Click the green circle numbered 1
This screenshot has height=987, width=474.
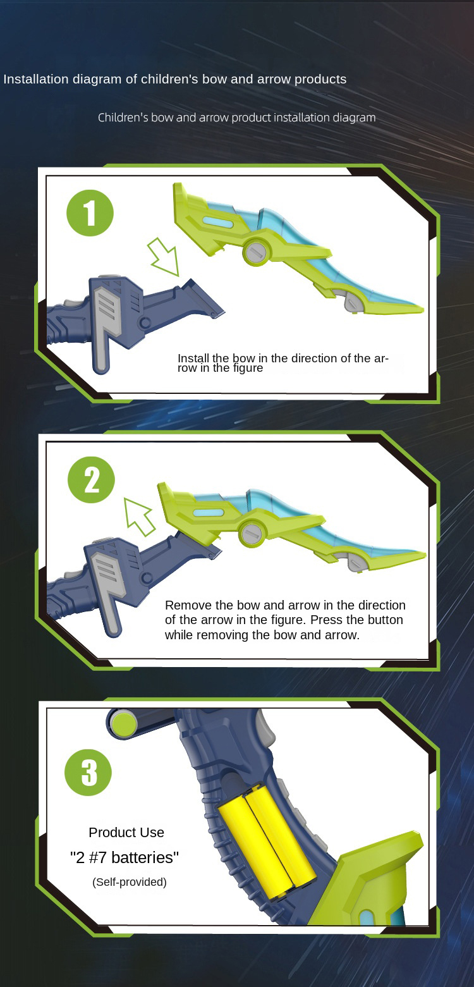(90, 213)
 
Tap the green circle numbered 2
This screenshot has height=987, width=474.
(91, 480)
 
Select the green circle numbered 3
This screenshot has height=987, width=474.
(88, 773)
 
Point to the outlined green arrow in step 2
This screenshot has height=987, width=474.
(139, 517)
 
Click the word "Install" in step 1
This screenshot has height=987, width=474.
(193, 359)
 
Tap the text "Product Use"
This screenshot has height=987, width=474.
(126, 832)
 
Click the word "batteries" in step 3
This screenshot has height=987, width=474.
(145, 857)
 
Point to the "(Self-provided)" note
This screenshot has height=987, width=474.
(130, 881)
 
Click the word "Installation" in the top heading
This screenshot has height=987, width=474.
(36, 79)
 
